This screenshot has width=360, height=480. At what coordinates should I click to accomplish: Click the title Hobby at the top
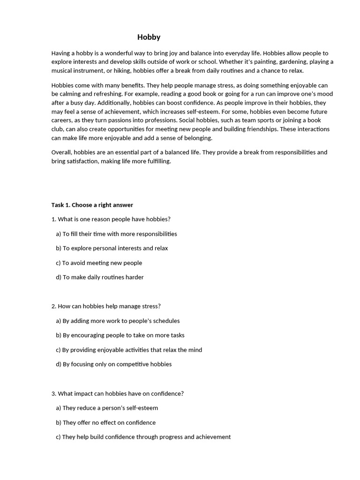pyautogui.click(x=149, y=37)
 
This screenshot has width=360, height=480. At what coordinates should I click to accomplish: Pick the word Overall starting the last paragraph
pyautogui.click(x=62, y=152)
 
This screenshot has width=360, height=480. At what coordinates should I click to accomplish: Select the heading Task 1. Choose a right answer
pyautogui.click(x=92, y=205)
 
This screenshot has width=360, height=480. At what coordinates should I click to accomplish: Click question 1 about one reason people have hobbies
pyautogui.click(x=111, y=219)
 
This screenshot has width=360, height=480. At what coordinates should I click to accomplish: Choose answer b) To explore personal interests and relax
pyautogui.click(x=112, y=248)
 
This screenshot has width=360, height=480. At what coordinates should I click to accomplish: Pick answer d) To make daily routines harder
pyautogui.click(x=99, y=277)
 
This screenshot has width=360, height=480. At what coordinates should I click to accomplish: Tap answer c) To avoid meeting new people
pyautogui.click(x=99, y=263)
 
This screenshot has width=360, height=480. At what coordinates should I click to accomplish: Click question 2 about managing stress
pyautogui.click(x=106, y=306)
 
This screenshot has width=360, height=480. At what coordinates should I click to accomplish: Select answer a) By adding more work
pyautogui.click(x=118, y=321)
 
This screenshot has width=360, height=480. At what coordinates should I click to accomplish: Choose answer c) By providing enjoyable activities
pyautogui.click(x=129, y=350)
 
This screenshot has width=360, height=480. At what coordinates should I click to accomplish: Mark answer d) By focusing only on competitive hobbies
pyautogui.click(x=113, y=364)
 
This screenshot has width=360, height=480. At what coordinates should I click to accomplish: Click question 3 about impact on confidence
pyautogui.click(x=117, y=393)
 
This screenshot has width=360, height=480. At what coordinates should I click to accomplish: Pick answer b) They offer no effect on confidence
pyautogui.click(x=105, y=422)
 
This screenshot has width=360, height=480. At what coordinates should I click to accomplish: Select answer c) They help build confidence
pyautogui.click(x=143, y=437)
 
